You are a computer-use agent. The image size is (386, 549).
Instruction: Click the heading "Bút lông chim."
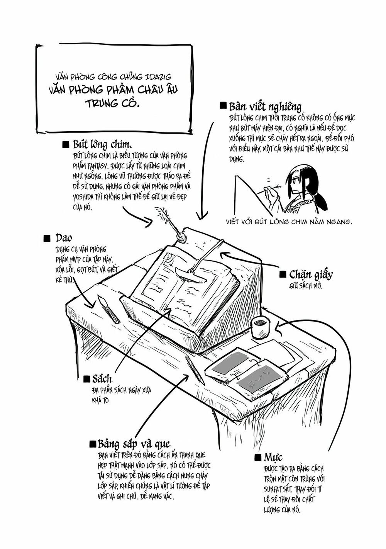pos(102,145)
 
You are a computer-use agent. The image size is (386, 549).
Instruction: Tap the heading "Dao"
pos(63,237)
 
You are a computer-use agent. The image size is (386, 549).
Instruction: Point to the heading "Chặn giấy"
pos(311,274)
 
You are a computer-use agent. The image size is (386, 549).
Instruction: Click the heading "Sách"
pos(102,378)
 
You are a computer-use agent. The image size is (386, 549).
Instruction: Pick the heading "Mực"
pos(273,458)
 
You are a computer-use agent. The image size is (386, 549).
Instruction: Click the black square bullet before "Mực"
pos(258,458)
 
